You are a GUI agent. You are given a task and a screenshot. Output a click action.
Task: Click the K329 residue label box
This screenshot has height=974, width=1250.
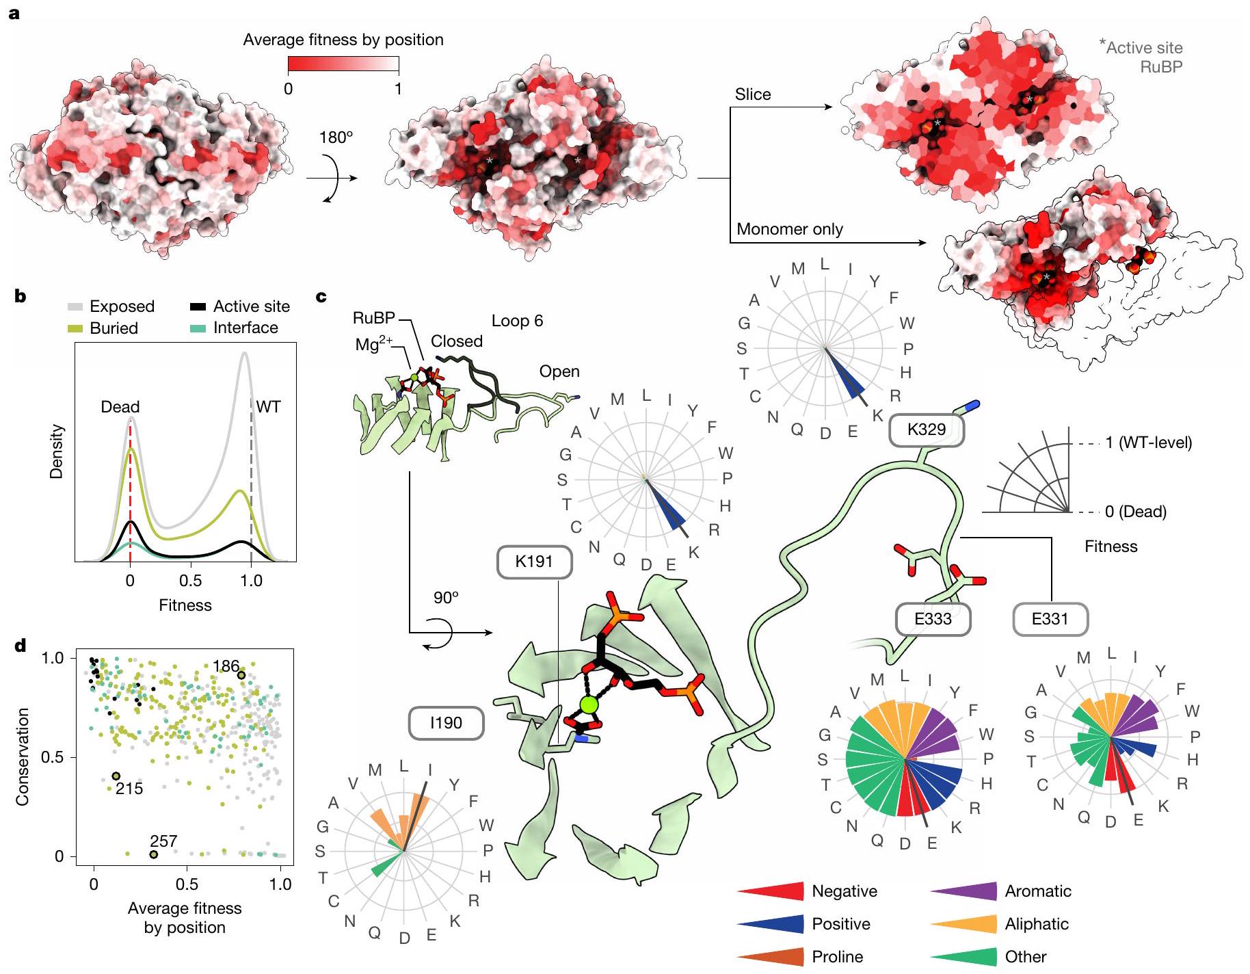(926, 430)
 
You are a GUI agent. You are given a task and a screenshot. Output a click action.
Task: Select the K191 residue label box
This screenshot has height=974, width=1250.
(534, 562)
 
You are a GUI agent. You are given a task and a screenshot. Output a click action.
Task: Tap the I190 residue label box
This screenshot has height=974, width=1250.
(446, 723)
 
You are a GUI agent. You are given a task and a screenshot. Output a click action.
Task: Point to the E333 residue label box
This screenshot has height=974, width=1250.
(933, 619)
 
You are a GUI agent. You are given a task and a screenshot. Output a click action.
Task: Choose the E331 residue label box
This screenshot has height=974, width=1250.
(1049, 619)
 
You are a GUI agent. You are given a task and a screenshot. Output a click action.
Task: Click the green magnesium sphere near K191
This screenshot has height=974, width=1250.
(588, 704)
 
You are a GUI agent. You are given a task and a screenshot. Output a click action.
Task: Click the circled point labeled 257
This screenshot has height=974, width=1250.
(153, 854)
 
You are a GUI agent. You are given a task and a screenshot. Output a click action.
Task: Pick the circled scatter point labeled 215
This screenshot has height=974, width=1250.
(116, 776)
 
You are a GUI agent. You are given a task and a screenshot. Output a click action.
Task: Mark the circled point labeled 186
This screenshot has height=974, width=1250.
(241, 675)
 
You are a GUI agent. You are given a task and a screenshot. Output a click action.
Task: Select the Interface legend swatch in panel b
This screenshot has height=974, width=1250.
(198, 328)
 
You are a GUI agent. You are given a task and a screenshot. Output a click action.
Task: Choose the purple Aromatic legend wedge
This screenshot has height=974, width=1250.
(963, 891)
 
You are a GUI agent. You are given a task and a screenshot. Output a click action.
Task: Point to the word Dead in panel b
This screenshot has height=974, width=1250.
(120, 407)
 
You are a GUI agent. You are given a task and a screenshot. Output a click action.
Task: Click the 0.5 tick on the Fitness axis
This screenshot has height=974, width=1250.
(190, 581)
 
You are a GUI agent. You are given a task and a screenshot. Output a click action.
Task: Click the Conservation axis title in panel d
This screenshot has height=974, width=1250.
(23, 756)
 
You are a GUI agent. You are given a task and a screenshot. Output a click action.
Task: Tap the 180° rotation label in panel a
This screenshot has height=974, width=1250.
(336, 137)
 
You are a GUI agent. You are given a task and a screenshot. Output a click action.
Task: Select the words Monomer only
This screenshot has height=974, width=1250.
(789, 229)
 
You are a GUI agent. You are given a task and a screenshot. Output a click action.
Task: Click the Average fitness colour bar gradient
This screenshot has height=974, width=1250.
(343, 65)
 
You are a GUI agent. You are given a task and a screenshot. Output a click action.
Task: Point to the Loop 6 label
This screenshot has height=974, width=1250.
(517, 321)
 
